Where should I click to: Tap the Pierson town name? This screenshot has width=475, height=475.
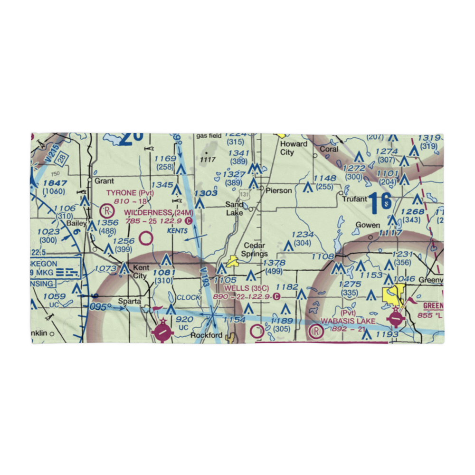click(279, 190)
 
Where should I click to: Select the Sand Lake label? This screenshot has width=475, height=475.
click(234, 208)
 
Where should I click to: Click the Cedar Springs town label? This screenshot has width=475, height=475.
click(256, 250)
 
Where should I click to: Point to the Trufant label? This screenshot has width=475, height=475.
click(355, 199)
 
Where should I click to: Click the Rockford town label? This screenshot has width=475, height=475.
click(206, 335)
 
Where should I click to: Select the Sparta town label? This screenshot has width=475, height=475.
click(130, 301)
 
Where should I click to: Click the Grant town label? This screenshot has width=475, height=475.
click(104, 181)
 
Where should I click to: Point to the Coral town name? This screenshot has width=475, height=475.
click(329, 149)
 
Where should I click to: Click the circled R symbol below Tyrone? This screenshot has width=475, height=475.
click(107, 209)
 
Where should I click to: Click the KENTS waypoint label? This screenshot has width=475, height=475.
click(177, 230)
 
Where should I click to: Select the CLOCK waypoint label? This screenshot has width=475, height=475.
click(189, 297)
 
